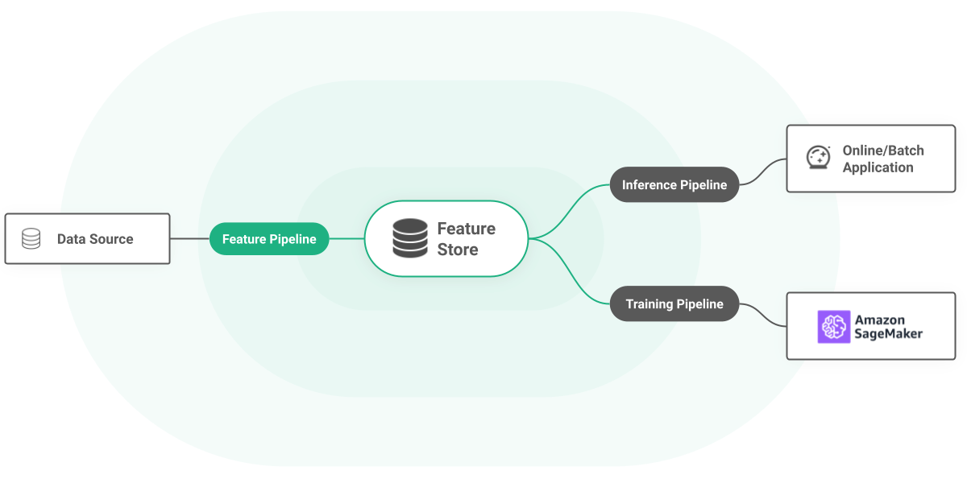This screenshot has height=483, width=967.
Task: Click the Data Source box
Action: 87,239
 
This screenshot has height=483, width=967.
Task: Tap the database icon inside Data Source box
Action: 31,239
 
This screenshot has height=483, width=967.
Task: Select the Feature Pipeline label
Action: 269,239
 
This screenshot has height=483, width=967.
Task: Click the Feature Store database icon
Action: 410,239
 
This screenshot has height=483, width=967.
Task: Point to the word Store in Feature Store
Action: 458,250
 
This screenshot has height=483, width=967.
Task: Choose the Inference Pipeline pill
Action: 674,185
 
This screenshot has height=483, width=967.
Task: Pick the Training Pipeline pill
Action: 674,304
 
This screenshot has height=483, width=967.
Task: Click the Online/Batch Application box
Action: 870,159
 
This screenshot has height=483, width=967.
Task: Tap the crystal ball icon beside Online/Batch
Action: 819,158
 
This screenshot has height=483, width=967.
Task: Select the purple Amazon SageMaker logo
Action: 834,327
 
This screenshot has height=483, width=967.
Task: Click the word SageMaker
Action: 889,334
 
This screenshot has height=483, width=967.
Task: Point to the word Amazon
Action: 880,320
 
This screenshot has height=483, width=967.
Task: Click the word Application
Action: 878,168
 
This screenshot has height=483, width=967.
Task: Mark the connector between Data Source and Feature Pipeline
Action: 190,239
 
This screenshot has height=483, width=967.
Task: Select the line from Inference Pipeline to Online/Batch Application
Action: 762,171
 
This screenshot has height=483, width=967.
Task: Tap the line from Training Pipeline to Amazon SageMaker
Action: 762,316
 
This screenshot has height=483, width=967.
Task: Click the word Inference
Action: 650,185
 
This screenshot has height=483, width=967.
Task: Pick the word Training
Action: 650,304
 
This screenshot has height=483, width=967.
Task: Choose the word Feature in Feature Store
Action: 466,229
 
